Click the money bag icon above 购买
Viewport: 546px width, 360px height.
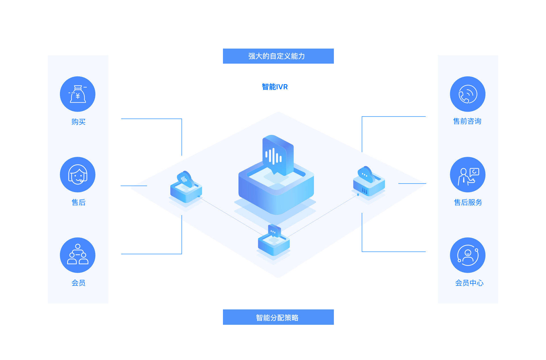(x=78, y=94)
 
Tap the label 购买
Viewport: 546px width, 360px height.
(x=78, y=122)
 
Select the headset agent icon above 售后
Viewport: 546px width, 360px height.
(x=78, y=174)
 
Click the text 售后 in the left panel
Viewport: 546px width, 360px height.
(x=78, y=202)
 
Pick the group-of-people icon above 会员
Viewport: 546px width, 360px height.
(x=78, y=255)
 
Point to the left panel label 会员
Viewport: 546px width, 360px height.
(x=78, y=283)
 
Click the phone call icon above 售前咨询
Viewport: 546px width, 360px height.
(x=468, y=94)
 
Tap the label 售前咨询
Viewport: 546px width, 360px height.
(x=467, y=121)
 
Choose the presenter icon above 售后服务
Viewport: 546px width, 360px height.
(x=468, y=174)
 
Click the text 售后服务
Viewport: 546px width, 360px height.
(x=468, y=202)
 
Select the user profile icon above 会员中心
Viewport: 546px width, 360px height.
(x=468, y=255)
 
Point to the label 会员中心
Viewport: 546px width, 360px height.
(x=469, y=283)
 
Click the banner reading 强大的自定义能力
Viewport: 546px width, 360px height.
(x=278, y=56)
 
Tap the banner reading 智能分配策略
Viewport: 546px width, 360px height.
(x=278, y=317)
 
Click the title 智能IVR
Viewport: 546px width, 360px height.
(x=275, y=87)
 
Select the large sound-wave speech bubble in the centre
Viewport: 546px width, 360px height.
(x=277, y=155)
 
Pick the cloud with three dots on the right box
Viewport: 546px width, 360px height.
(x=366, y=174)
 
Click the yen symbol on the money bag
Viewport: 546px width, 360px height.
(x=78, y=96)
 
